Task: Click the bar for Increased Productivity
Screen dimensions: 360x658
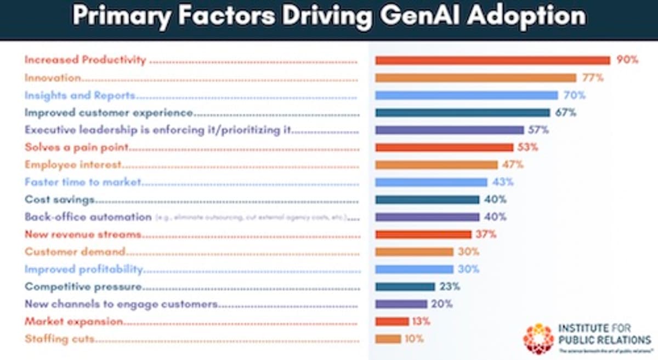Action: pyautogui.click(x=492, y=60)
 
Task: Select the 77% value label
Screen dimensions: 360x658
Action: pyautogui.click(x=592, y=78)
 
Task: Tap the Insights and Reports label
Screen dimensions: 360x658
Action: pyautogui.click(x=80, y=95)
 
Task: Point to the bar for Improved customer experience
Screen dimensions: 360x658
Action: pyautogui.click(x=462, y=113)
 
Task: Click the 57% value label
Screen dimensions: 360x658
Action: pyautogui.click(x=538, y=130)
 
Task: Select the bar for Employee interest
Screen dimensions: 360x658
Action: pyautogui.click(x=436, y=165)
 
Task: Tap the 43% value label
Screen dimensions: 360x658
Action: pyautogui.click(x=502, y=182)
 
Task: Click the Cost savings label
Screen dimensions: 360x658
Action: pyautogui.click(x=60, y=199)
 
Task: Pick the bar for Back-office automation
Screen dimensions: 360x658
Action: pyautogui.click(x=427, y=217)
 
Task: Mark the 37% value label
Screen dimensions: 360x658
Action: pyautogui.click(x=486, y=234)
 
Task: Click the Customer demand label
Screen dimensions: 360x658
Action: pyautogui.click(x=75, y=252)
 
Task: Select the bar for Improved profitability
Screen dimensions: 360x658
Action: pyautogui.click(x=414, y=269)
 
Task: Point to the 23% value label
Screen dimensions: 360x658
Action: pyautogui.click(x=450, y=286)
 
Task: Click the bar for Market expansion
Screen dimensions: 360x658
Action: pyautogui.click(x=392, y=321)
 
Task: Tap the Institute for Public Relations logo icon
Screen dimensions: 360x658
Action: pyautogui.click(x=538, y=338)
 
